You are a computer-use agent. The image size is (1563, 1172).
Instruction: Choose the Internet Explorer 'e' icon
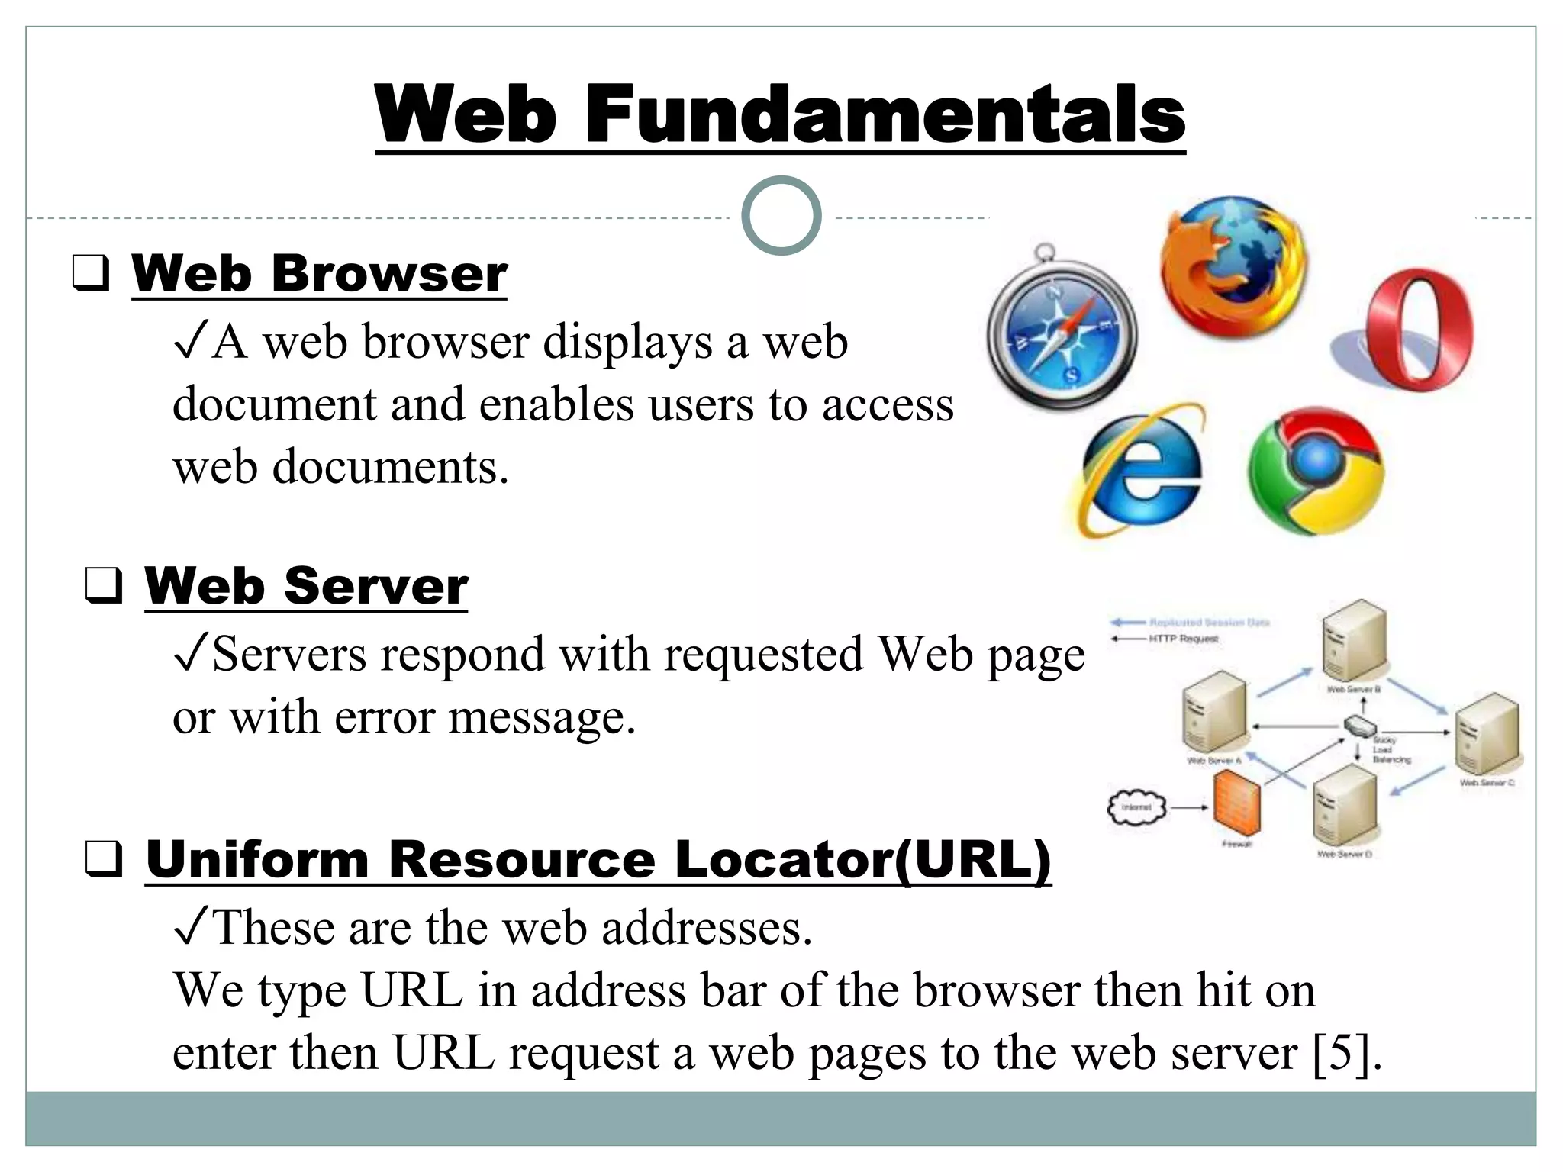(x=1142, y=470)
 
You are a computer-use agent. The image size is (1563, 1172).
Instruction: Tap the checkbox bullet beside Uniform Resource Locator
(x=103, y=859)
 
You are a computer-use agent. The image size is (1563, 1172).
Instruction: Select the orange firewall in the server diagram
(x=1236, y=803)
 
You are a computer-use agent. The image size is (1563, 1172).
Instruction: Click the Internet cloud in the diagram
(x=1136, y=807)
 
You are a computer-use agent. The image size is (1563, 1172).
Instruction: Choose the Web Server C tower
(x=1486, y=734)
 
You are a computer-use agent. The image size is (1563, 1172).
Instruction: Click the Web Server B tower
(x=1353, y=641)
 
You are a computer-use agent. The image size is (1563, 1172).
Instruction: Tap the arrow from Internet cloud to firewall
(x=1188, y=807)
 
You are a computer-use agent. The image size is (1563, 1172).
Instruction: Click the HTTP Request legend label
(x=1183, y=639)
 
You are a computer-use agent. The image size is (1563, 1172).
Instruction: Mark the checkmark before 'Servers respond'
(x=191, y=654)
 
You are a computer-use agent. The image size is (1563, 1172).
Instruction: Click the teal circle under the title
(x=781, y=216)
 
